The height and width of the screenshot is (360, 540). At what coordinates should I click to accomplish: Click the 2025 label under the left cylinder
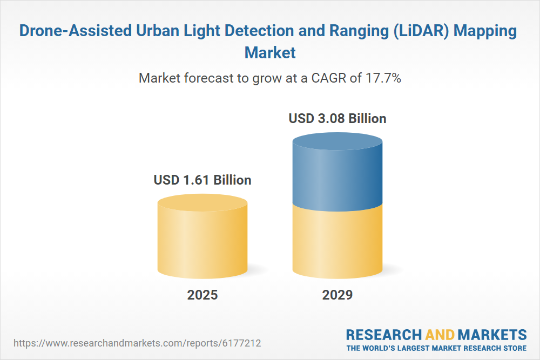click(x=202, y=295)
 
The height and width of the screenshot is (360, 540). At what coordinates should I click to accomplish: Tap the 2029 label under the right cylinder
click(x=337, y=295)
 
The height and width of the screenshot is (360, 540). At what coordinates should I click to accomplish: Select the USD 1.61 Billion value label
click(x=202, y=180)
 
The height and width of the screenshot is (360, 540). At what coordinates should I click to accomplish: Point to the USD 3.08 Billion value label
click(x=337, y=118)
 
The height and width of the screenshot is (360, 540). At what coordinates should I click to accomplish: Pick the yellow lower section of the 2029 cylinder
click(x=337, y=240)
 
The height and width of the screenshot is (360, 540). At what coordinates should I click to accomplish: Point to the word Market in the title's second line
click(x=270, y=53)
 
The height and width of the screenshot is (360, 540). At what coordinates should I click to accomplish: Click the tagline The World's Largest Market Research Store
click(x=436, y=348)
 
